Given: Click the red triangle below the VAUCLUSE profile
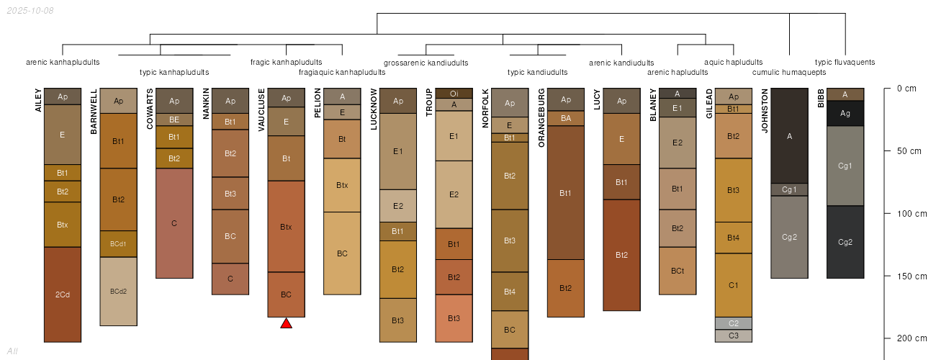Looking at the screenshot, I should (x=286, y=323).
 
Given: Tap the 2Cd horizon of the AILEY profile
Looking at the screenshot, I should (x=63, y=294).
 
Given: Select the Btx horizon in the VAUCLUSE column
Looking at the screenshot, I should (x=286, y=227).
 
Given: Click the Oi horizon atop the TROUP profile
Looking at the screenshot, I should (x=454, y=94).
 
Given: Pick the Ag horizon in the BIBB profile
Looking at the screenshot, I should (x=845, y=113).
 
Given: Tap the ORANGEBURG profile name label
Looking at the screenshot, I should (x=541, y=118).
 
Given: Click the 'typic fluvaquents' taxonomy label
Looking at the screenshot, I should (x=845, y=62).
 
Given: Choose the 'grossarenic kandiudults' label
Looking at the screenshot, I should (x=426, y=63).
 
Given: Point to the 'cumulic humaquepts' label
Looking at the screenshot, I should (x=789, y=72).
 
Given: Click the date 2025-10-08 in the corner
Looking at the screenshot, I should (x=29, y=11).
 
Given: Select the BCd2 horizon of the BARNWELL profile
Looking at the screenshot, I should (x=118, y=292).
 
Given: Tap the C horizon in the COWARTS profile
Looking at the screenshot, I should (x=174, y=223).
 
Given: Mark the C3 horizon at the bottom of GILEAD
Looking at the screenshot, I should (x=734, y=336).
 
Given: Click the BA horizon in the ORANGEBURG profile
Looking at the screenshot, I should (x=566, y=118).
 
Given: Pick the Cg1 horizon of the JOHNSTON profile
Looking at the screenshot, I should (x=789, y=189).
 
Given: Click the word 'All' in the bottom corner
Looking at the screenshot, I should (x=12, y=351).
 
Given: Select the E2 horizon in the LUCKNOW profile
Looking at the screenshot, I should (x=398, y=206).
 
